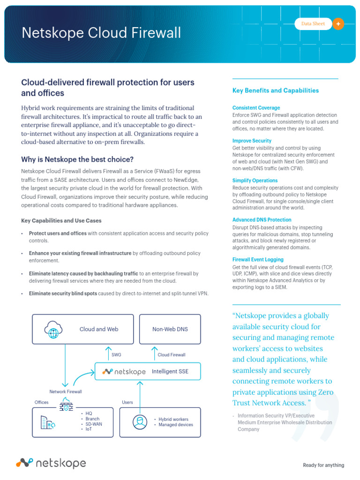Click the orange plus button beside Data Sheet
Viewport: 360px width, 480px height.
click(x=338, y=23)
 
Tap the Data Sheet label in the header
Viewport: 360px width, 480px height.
click(x=313, y=23)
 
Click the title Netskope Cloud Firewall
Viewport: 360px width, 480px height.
click(x=101, y=33)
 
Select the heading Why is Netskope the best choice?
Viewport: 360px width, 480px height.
click(x=77, y=159)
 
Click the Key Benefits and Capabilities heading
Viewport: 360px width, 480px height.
click(x=276, y=90)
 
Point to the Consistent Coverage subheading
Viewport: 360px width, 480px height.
click(x=256, y=108)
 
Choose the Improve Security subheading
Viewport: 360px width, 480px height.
click(x=252, y=141)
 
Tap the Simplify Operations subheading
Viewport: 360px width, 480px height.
click(x=255, y=180)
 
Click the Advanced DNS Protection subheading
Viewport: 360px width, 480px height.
click(x=262, y=220)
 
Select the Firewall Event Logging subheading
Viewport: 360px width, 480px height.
click(x=257, y=259)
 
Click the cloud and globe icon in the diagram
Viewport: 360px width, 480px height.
click(x=52, y=329)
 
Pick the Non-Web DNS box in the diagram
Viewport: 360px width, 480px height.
click(x=170, y=329)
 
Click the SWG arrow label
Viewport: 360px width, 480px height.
click(x=116, y=355)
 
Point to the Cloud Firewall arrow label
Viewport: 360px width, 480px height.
click(x=171, y=355)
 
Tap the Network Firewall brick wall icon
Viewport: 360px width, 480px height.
click(x=66, y=405)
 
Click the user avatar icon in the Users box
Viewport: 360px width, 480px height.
click(x=138, y=422)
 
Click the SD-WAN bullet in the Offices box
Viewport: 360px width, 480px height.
click(x=93, y=424)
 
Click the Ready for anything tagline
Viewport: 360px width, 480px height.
click(x=323, y=465)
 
